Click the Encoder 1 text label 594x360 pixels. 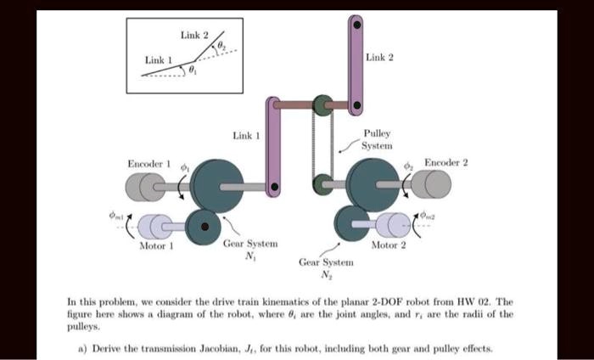tap(148, 162)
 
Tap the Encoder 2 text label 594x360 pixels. tap(446, 161)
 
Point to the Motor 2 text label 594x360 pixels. tap(389, 245)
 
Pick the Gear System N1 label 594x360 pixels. tap(241, 248)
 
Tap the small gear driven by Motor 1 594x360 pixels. tap(202, 226)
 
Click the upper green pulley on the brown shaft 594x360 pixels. tap(322, 105)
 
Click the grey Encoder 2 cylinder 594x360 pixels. tap(435, 183)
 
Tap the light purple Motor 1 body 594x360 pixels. tap(154, 226)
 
